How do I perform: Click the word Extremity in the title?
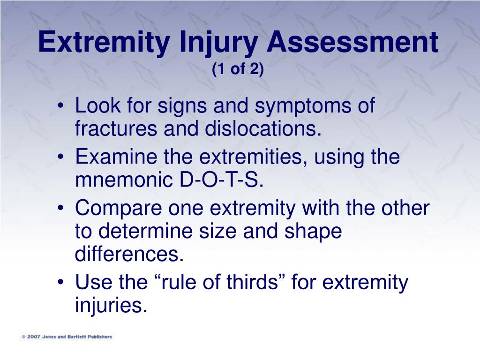point(104,42)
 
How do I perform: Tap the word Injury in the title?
point(218,42)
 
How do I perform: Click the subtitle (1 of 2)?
point(238,68)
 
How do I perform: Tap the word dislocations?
point(263,128)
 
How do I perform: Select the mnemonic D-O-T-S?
point(221,180)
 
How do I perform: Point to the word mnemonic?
point(124,180)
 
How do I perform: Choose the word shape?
point(313,232)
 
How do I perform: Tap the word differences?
point(129,254)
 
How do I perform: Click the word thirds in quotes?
point(252,282)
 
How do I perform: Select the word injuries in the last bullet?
point(111,305)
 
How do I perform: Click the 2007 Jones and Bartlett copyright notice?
point(67,337)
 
